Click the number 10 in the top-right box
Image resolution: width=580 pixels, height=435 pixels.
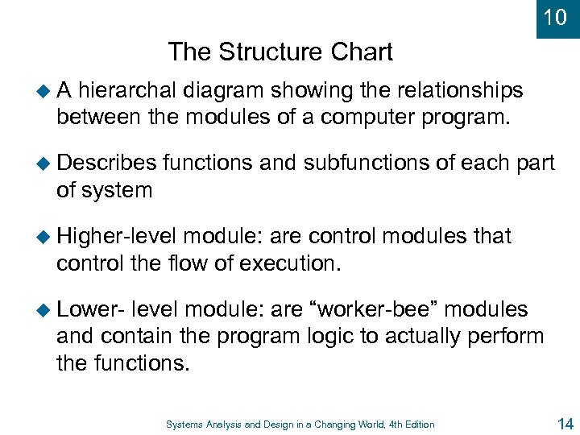556,17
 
